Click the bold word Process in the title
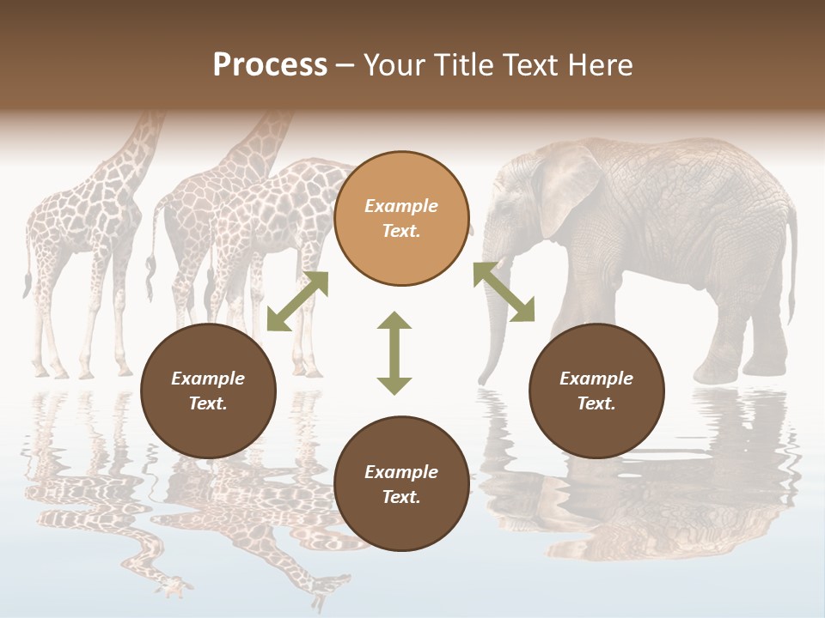[270, 65]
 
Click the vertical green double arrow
[394, 353]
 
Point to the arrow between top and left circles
[297, 300]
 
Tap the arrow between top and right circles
[504, 292]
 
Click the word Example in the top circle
[401, 206]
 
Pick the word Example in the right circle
[596, 379]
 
